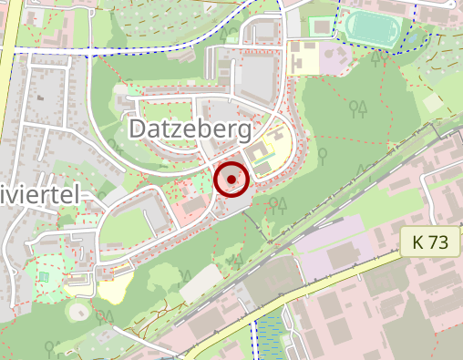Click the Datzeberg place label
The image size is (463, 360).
pos(190,129)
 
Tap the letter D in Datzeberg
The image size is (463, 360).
pos(139,129)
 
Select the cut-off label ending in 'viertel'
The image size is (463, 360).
pos(41,193)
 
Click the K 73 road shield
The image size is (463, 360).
pos(430,242)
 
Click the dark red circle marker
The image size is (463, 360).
pos(231,180)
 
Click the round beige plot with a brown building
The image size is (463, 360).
pos(79,313)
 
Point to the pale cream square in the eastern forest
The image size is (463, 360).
pos(434,102)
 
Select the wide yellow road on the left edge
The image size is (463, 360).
pos(7,55)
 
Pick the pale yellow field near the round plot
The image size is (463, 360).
pos(116,290)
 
